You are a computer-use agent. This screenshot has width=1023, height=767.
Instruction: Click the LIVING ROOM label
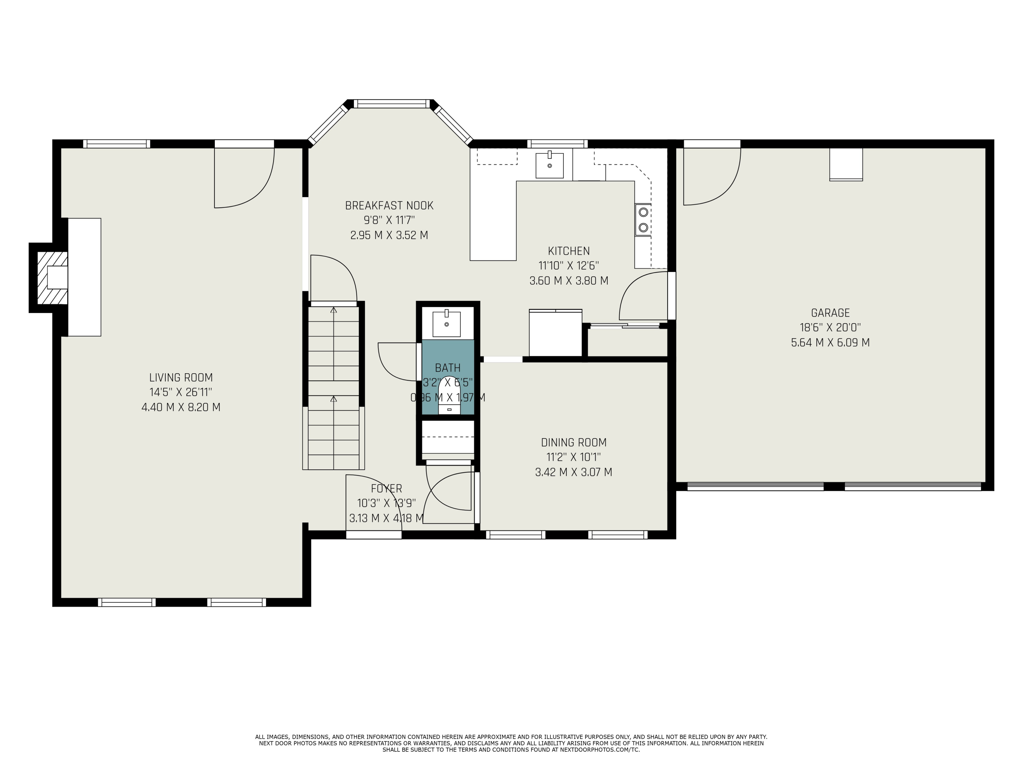pyautogui.click(x=181, y=377)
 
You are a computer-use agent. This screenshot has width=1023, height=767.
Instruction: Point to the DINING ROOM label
pyautogui.click(x=574, y=442)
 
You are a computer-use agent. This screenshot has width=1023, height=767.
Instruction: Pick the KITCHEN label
pyautogui.click(x=569, y=251)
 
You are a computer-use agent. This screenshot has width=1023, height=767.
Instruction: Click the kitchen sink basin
pyautogui.click(x=549, y=165)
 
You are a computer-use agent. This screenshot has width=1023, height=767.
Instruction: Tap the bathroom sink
pyautogui.click(x=446, y=324)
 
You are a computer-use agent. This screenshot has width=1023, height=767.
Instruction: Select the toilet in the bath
pyautogui.click(x=449, y=395)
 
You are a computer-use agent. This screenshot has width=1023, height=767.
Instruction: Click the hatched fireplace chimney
pyautogui.click(x=52, y=277)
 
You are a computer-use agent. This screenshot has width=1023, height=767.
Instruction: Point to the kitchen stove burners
pyautogui.click(x=643, y=220)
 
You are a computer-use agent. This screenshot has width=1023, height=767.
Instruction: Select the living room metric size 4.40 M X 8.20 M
pyautogui.click(x=181, y=407)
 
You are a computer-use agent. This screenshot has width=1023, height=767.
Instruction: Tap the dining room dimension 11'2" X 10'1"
pyautogui.click(x=574, y=457)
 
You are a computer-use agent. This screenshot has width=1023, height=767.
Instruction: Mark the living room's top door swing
pyautogui.click(x=244, y=178)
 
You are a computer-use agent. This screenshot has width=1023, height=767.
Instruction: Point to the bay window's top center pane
pyautogui.click(x=392, y=104)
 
